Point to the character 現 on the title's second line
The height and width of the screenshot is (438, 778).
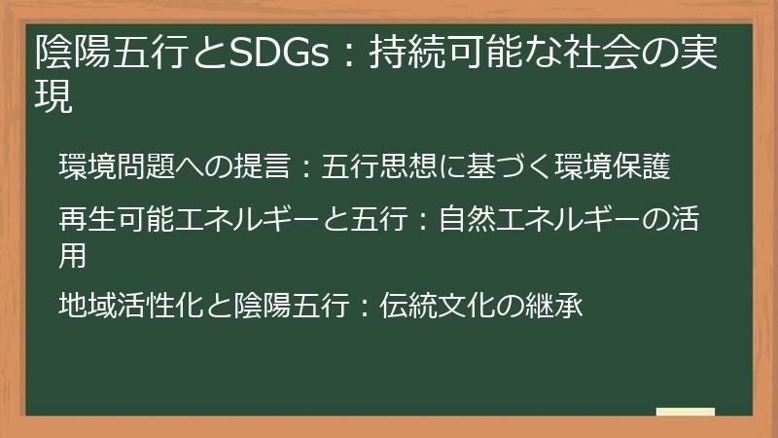[x=53, y=97]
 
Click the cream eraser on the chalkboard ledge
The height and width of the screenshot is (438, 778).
[x=685, y=412]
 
